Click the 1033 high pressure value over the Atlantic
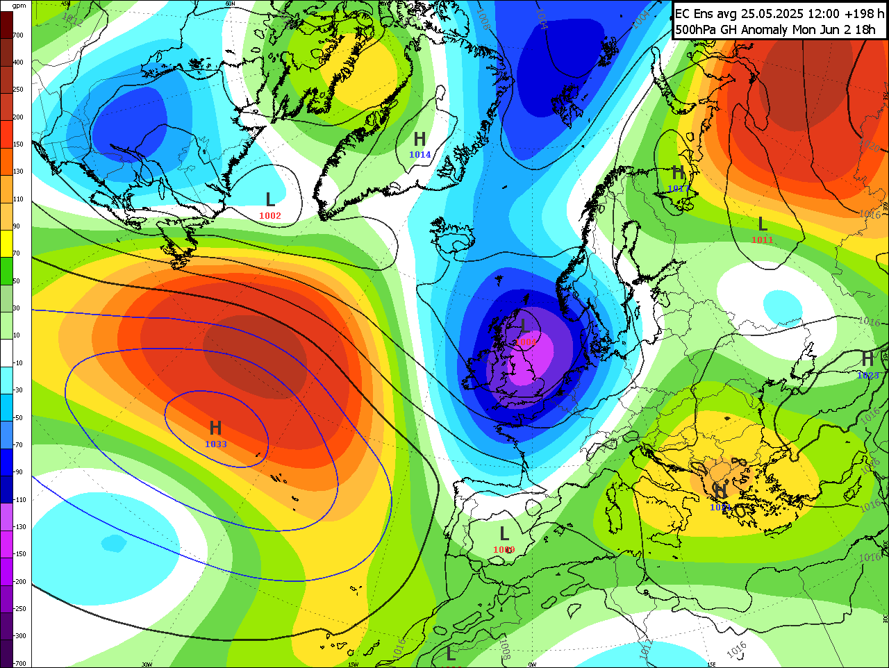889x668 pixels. tap(215, 444)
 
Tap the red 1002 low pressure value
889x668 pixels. tap(269, 216)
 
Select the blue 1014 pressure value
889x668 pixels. tap(419, 155)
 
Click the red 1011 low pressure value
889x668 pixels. tap(762, 240)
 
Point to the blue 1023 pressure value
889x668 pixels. tap(867, 376)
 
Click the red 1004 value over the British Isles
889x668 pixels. tap(526, 342)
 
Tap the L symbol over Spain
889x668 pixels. tap(504, 534)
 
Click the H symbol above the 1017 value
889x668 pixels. tap(678, 173)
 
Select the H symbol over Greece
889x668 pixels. tap(720, 490)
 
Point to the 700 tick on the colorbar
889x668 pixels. tap(18, 35)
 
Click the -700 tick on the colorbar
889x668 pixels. tap(19, 663)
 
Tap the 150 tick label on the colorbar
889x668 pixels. tap(18, 144)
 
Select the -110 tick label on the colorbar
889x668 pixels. tap(19, 500)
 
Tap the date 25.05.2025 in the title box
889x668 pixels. tap(772, 13)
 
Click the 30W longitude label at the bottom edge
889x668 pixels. tap(147, 665)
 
